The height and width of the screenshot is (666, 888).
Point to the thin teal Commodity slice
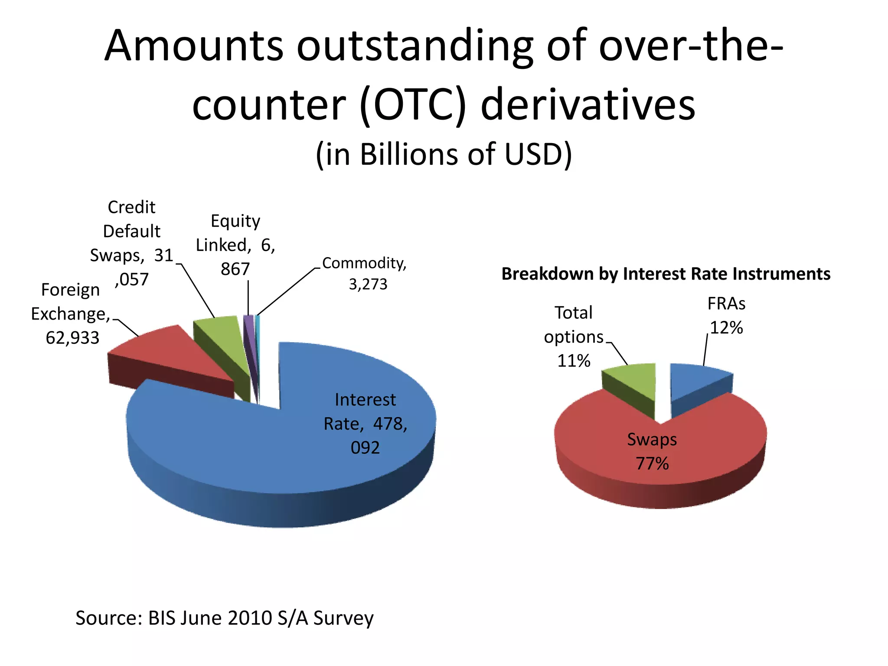258,334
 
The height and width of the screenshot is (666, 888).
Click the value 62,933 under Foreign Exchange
72,338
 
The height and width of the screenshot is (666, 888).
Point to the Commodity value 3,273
368,284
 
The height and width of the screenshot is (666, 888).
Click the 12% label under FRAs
726,328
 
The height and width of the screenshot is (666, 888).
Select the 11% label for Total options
574,361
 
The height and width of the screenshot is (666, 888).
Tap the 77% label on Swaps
652,464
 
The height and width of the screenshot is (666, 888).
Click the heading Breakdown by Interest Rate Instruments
666,274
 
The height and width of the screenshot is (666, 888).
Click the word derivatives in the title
588,105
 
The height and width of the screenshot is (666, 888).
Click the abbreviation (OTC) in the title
412,105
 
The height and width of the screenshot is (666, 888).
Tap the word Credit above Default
131,207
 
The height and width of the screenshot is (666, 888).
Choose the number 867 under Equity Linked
235,269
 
